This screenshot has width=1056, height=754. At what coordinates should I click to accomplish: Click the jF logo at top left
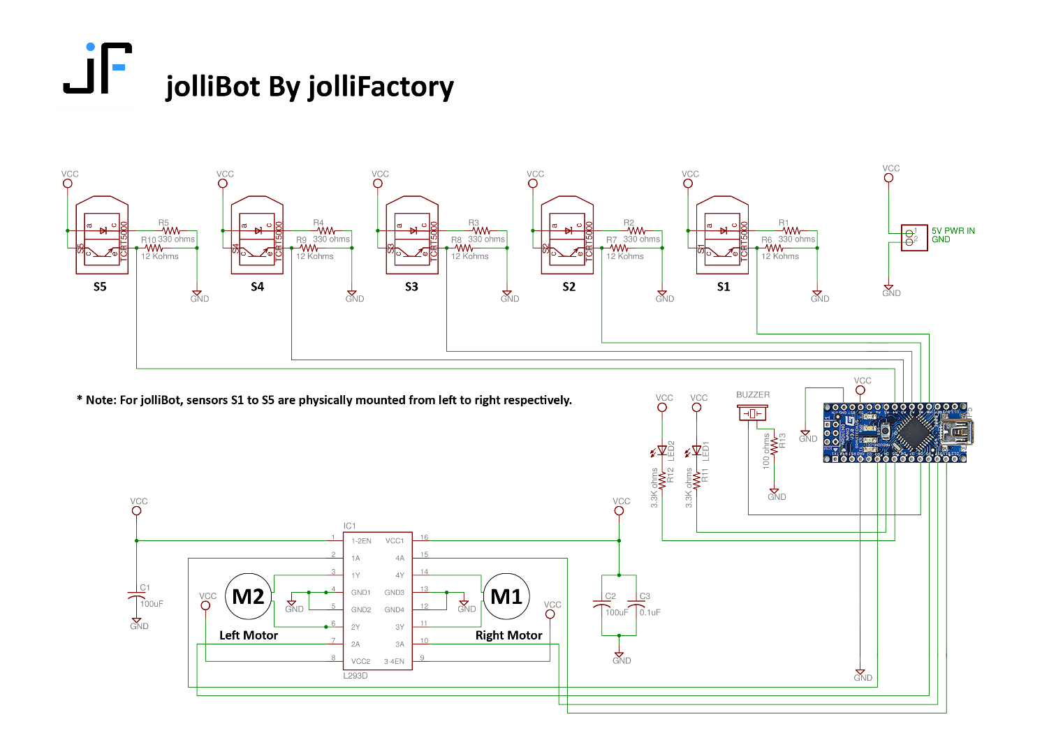[98, 68]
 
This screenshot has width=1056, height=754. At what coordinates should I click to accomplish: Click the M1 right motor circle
[506, 597]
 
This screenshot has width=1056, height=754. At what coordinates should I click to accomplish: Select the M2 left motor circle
[248, 597]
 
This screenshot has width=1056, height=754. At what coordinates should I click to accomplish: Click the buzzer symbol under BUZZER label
[752, 413]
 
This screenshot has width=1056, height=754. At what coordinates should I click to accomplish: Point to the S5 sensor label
[100, 287]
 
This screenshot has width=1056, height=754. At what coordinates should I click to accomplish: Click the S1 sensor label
[724, 287]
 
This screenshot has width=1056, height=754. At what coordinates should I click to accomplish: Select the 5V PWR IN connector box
[914, 237]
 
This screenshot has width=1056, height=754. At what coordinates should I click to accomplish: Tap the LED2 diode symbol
[662, 451]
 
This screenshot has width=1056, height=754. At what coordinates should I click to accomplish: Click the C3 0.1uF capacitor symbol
[636, 605]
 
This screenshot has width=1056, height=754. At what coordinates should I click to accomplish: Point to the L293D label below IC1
[355, 676]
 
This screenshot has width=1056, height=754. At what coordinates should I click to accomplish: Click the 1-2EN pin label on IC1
[361, 541]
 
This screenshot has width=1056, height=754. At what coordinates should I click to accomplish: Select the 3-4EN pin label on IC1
[394, 661]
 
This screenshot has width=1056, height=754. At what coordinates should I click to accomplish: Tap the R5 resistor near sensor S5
[171, 230]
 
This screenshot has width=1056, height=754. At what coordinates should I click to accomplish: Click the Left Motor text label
[249, 635]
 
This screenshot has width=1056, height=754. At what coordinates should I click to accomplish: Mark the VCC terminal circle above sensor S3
[378, 184]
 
